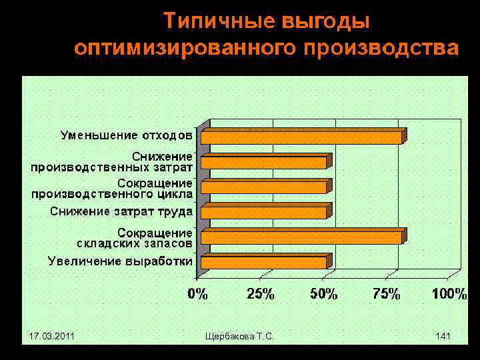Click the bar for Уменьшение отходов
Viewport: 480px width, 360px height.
pyautogui.click(x=301, y=137)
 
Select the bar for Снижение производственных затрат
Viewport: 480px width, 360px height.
pyautogui.click(x=264, y=162)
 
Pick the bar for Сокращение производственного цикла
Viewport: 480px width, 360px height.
pyautogui.click(x=264, y=187)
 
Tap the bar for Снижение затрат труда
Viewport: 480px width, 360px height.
pyautogui.click(x=264, y=213)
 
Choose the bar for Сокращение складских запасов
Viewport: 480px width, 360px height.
pyautogui.click(x=301, y=237)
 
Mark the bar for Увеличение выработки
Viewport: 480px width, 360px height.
pyautogui.click(x=264, y=263)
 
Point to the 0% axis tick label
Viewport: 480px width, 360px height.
pyautogui.click(x=198, y=294)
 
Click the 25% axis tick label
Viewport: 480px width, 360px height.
pyautogui.click(x=261, y=294)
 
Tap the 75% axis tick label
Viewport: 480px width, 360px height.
pyautogui.click(x=386, y=294)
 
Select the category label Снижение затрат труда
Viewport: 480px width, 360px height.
pyautogui.click(x=121, y=212)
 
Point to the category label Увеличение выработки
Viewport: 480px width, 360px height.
pyautogui.click(x=120, y=261)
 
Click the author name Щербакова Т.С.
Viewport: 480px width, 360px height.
pyautogui.click(x=240, y=337)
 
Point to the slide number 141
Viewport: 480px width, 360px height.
pyautogui.click(x=443, y=337)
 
